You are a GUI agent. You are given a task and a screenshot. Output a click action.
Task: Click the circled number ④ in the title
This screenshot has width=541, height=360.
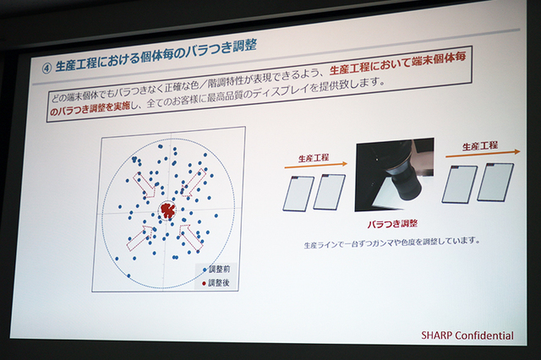46,68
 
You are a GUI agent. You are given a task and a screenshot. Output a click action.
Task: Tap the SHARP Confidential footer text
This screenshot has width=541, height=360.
467,335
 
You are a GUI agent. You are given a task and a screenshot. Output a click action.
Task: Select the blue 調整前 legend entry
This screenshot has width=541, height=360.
216,270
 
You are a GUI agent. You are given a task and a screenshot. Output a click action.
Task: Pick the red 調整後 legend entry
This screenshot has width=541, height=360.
216,283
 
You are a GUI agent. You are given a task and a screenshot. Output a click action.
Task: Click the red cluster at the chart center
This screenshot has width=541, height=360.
167,210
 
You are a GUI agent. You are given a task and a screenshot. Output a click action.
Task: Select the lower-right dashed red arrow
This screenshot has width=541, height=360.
190,237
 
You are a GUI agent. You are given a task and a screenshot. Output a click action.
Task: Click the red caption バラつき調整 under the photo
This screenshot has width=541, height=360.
392,224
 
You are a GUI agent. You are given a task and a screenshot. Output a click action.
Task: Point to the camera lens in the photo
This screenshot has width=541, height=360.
404,180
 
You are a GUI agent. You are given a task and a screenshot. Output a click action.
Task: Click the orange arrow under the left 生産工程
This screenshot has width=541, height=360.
315,166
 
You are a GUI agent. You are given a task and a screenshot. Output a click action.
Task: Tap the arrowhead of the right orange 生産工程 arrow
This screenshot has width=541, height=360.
516,151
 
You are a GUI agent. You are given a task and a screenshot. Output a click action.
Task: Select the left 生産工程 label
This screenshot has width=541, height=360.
314,158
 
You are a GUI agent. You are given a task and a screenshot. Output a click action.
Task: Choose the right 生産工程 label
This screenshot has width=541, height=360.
480,146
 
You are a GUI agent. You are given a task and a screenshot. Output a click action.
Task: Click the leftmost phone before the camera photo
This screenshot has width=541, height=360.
298,194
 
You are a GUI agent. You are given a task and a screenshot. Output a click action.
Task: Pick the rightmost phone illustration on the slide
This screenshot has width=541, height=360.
495,183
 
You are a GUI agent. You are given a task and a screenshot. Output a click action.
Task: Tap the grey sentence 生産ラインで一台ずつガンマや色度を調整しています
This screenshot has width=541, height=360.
392,243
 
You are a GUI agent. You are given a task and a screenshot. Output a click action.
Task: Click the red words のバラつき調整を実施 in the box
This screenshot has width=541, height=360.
90,109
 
